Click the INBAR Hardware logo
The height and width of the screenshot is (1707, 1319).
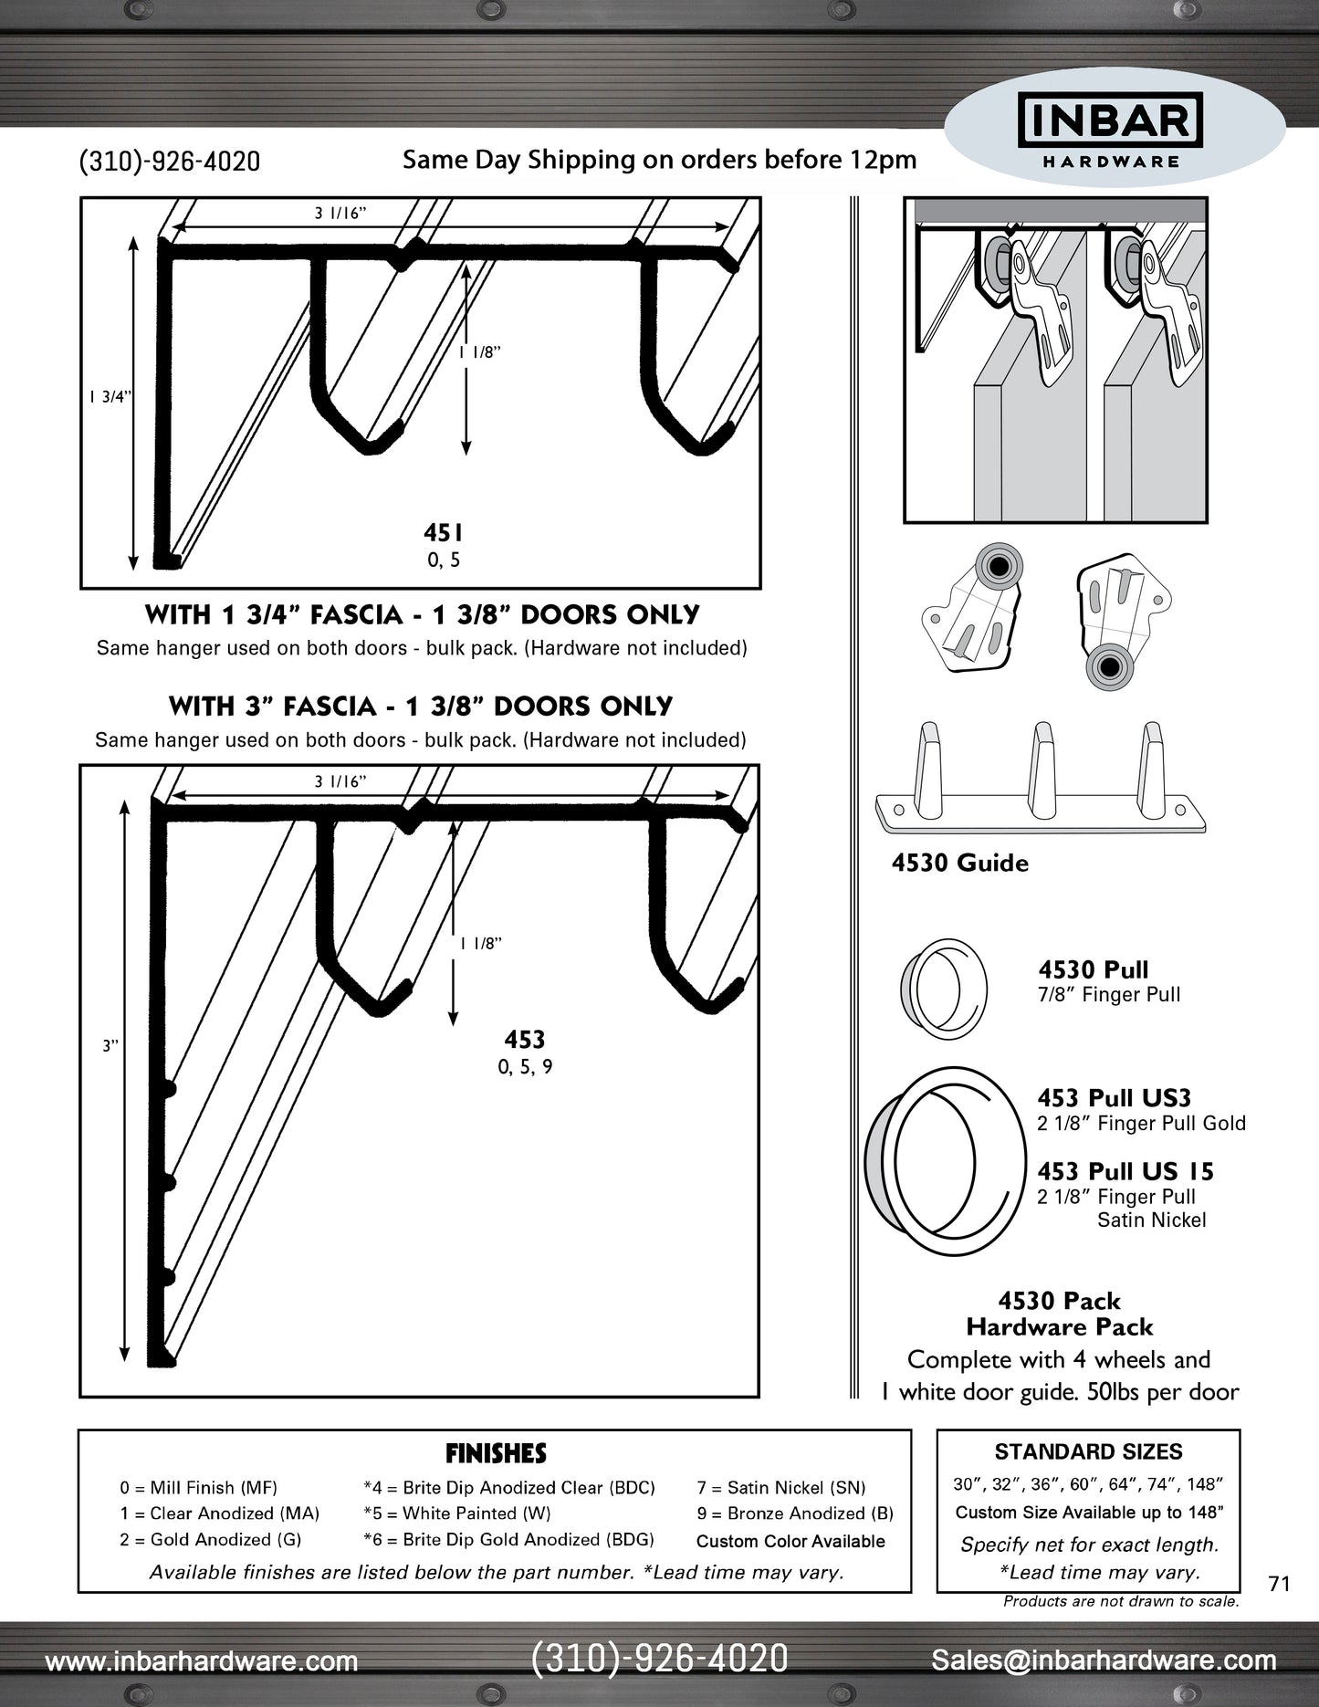click(x=1110, y=133)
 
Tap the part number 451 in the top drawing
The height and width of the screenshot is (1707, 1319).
click(x=444, y=533)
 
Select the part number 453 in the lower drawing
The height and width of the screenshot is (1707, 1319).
click(x=525, y=1040)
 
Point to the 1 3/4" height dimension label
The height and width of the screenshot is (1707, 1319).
click(x=110, y=397)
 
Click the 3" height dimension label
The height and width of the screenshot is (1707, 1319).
click(x=110, y=1046)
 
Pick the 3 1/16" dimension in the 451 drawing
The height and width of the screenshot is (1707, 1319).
click(x=340, y=214)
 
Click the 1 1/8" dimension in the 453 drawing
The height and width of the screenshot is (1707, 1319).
click(x=481, y=944)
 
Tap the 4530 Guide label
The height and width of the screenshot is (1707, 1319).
click(x=959, y=864)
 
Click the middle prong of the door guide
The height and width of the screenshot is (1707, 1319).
click(x=1042, y=769)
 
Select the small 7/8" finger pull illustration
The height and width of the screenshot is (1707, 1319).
click(x=943, y=989)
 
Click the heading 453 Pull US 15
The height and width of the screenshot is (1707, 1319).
click(x=1125, y=1171)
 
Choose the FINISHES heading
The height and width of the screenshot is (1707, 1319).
click(x=496, y=1453)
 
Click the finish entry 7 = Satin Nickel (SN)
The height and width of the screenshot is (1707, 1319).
click(x=781, y=1488)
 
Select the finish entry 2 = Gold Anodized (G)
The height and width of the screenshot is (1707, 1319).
click(x=210, y=1540)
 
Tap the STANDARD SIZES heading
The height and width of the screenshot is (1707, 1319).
click(x=1088, y=1452)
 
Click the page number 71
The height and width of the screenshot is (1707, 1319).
click(x=1279, y=1584)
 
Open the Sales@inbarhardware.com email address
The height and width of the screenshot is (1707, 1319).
click(x=1104, y=1660)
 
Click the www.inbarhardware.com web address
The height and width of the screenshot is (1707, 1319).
click(x=202, y=1661)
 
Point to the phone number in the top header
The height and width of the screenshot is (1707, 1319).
click(x=170, y=162)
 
